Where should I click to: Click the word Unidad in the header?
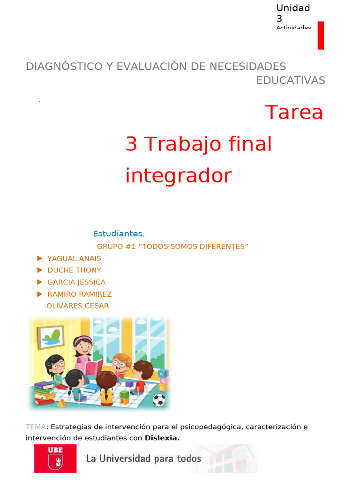293,8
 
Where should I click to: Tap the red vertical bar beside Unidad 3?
321,35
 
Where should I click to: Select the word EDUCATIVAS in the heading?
290,80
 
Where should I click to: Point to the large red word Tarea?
294,112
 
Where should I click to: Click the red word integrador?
178,176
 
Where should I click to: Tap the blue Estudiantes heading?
119,233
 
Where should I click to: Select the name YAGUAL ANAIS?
74,258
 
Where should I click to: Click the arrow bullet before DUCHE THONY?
40,270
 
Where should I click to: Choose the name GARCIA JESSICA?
76,282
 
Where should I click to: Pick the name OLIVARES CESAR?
77,306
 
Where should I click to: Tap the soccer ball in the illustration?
159,400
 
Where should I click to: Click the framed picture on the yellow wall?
51,337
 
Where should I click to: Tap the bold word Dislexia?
162,438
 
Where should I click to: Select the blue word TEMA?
36,427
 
